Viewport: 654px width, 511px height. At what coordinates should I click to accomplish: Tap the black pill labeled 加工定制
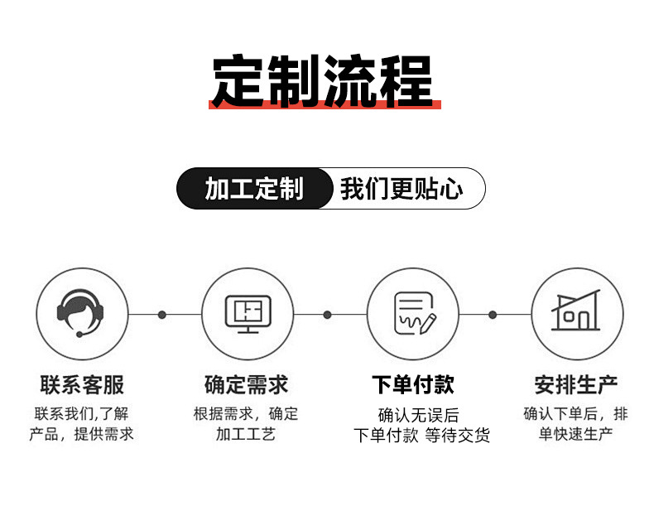coord(254,189)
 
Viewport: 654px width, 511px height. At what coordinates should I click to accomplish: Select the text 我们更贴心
coord(402,189)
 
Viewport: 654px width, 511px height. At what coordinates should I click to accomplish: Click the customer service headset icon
coord(81,314)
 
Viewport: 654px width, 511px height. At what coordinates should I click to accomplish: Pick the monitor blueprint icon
coord(248,314)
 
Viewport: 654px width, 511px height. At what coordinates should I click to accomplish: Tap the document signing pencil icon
coord(412,314)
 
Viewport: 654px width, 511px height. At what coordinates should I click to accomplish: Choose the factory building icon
coord(576,314)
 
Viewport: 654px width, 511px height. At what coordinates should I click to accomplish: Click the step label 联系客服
coord(81,385)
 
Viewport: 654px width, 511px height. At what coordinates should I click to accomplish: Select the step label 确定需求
coord(247,385)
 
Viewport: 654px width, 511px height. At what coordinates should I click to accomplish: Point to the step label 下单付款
coord(412,385)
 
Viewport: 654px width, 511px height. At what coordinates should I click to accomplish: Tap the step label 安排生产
coord(576,385)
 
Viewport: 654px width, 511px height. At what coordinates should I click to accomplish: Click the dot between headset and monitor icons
coord(162,315)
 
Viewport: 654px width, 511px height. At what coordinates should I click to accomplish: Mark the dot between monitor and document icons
coord(327,315)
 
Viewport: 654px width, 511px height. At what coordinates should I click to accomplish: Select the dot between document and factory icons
coord(493,315)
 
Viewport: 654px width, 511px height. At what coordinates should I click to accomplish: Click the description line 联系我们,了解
coord(81,413)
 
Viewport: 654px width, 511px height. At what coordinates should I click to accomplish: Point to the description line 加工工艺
coord(246,434)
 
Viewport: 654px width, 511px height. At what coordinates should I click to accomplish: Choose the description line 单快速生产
coord(576,434)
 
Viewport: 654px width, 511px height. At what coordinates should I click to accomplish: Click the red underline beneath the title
coord(325,104)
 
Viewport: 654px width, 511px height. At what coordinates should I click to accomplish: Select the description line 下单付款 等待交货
coord(421,436)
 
